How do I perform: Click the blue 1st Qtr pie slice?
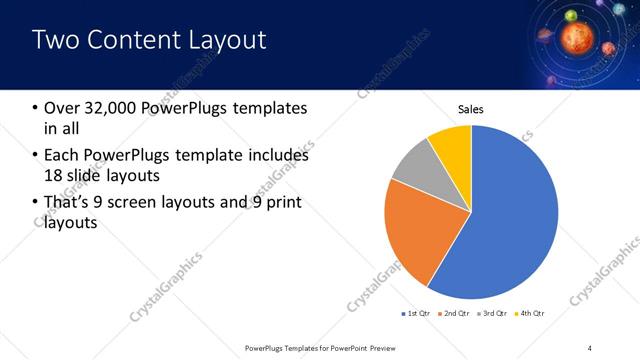tap(510, 220)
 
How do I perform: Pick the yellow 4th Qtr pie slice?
tap(452, 142)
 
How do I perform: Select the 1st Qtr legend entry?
tap(416, 313)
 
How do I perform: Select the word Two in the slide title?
tap(55, 40)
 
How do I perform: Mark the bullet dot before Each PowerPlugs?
tap(36, 156)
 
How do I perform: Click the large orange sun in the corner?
tap(576, 37)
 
